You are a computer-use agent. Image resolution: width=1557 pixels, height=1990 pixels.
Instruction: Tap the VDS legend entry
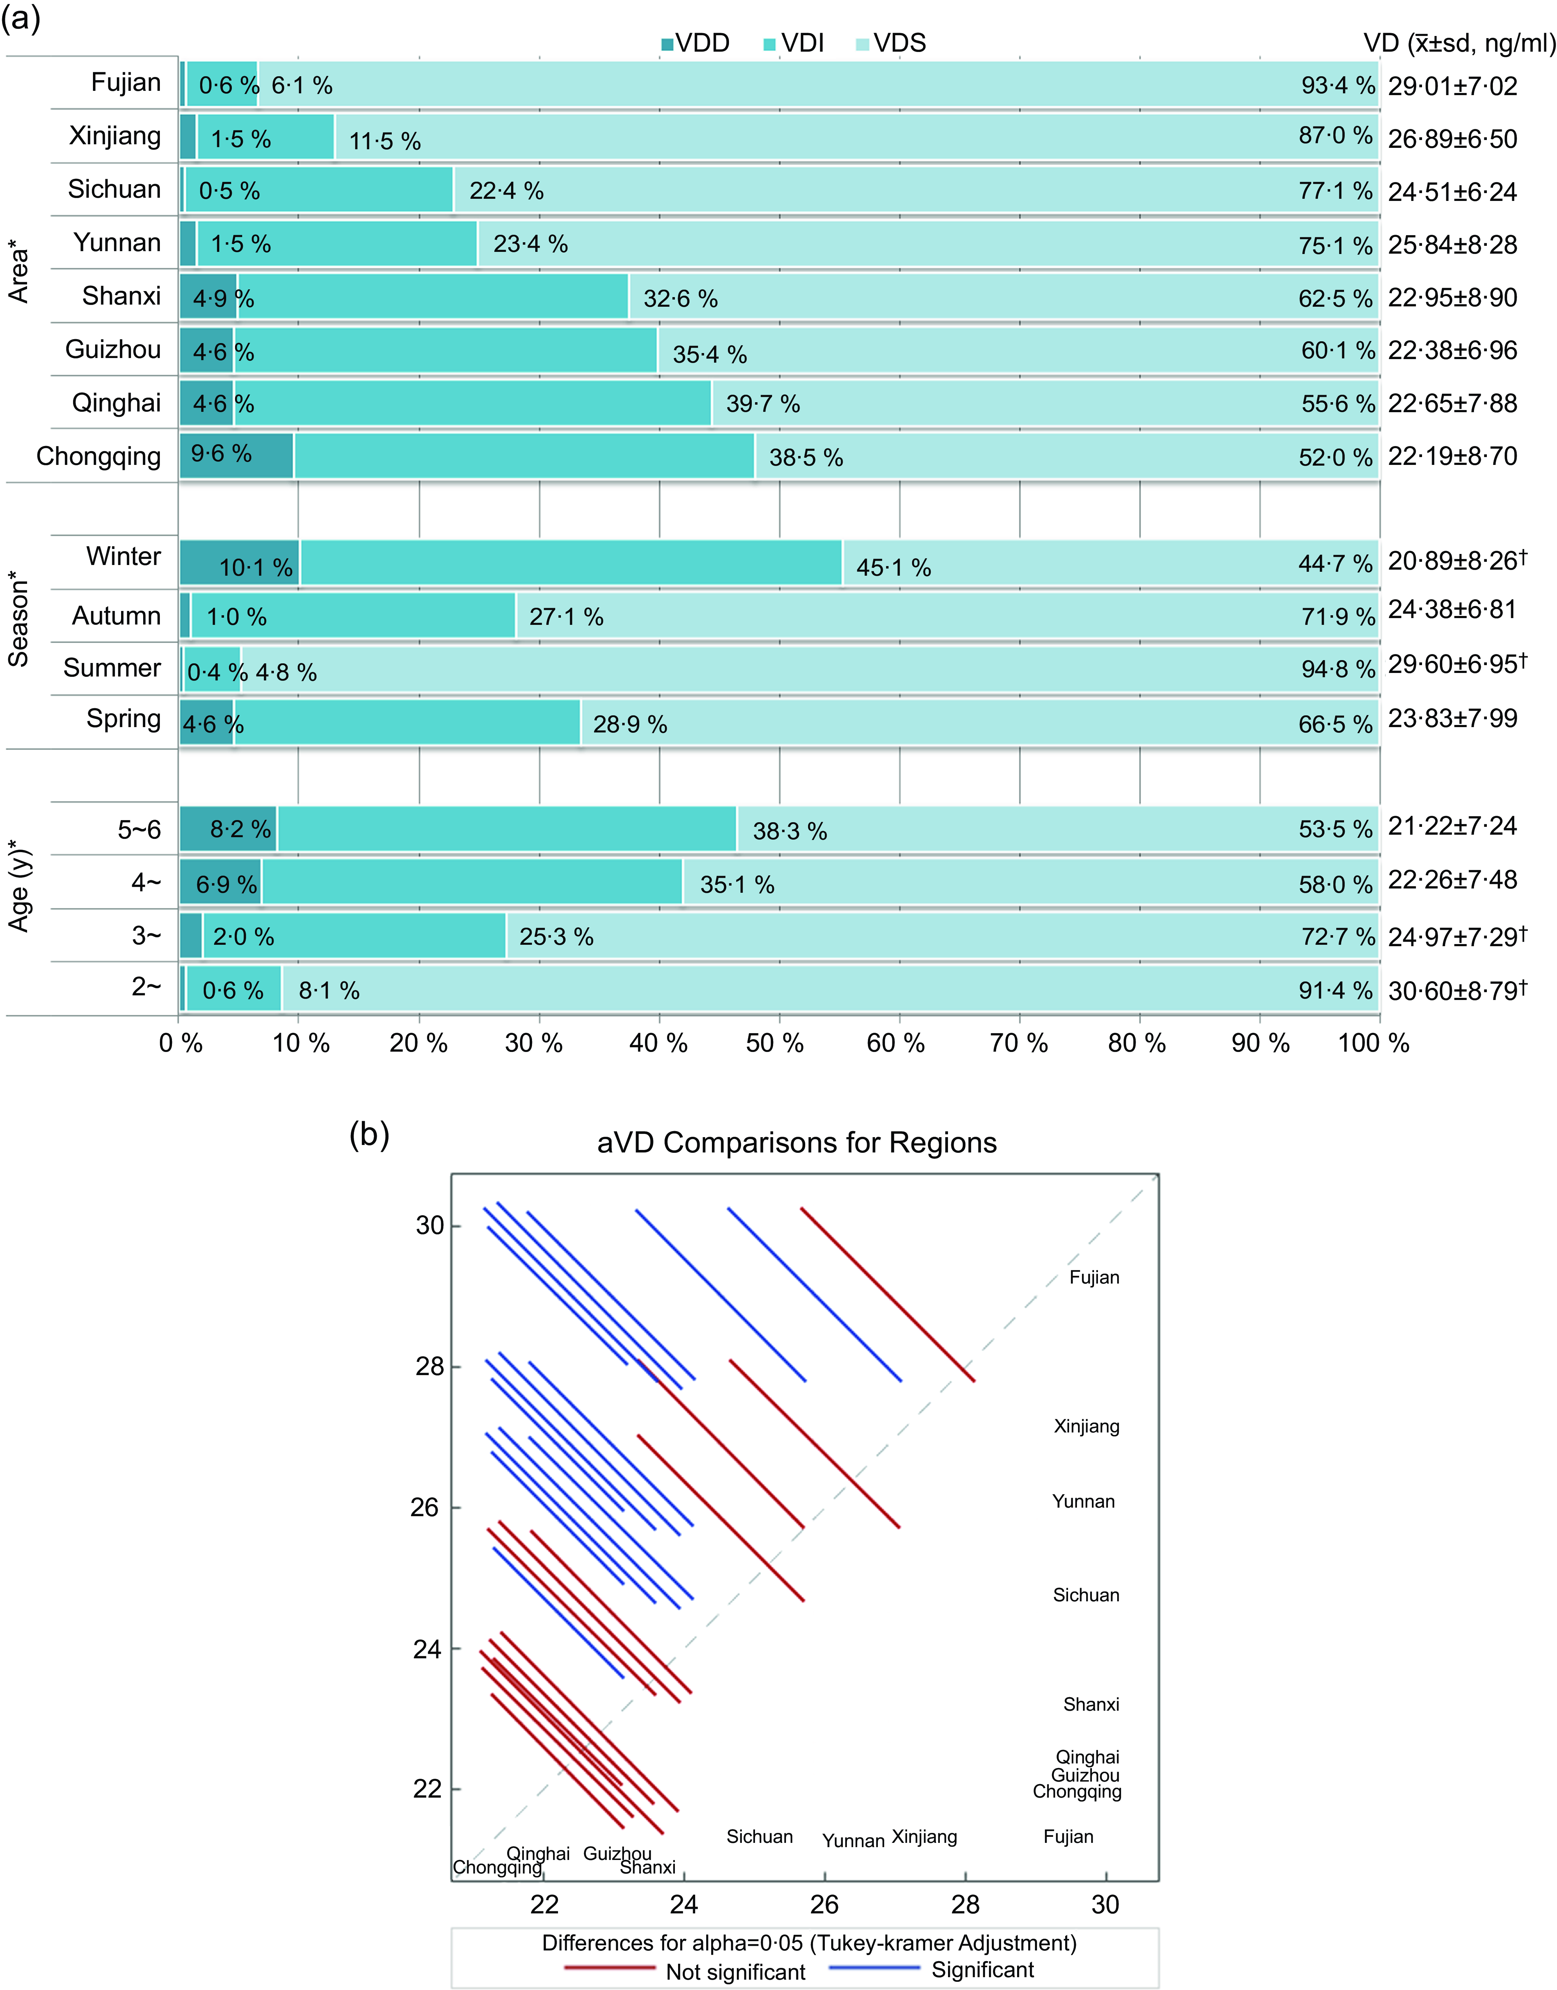point(891,43)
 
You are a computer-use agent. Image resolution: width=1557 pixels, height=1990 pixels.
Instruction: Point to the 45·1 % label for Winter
point(894,567)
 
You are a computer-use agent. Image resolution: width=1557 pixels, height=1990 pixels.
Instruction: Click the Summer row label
point(112,668)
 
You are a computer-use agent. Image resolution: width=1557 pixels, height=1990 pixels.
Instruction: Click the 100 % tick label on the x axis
point(1373,1043)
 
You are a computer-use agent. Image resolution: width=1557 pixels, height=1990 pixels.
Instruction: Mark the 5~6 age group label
point(140,830)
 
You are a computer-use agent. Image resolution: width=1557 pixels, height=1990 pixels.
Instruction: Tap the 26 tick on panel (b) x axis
point(825,1904)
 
